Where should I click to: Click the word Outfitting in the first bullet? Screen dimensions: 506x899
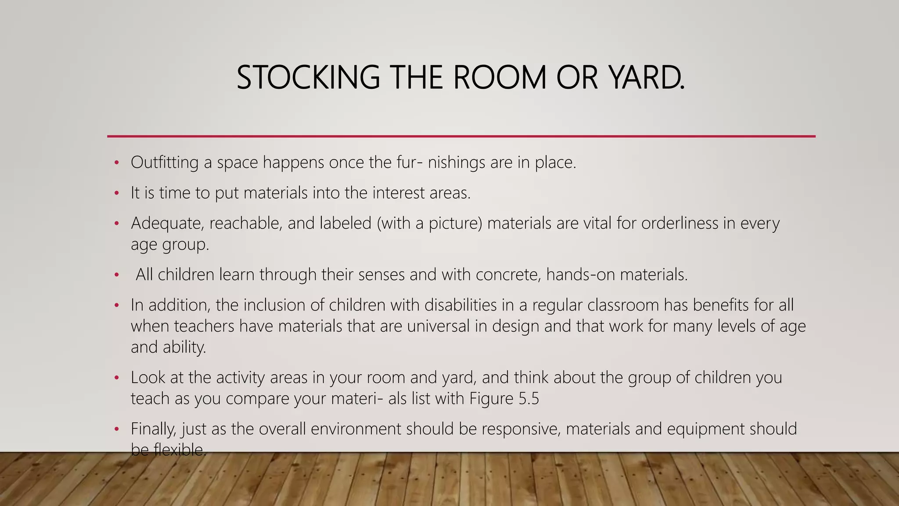[165, 163]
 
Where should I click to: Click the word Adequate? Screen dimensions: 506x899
[167, 223]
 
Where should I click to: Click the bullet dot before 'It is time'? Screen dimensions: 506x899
[116, 193]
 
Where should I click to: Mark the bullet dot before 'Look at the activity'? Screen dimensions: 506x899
[116, 378]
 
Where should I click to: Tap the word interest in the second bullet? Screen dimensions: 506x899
[397, 193]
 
